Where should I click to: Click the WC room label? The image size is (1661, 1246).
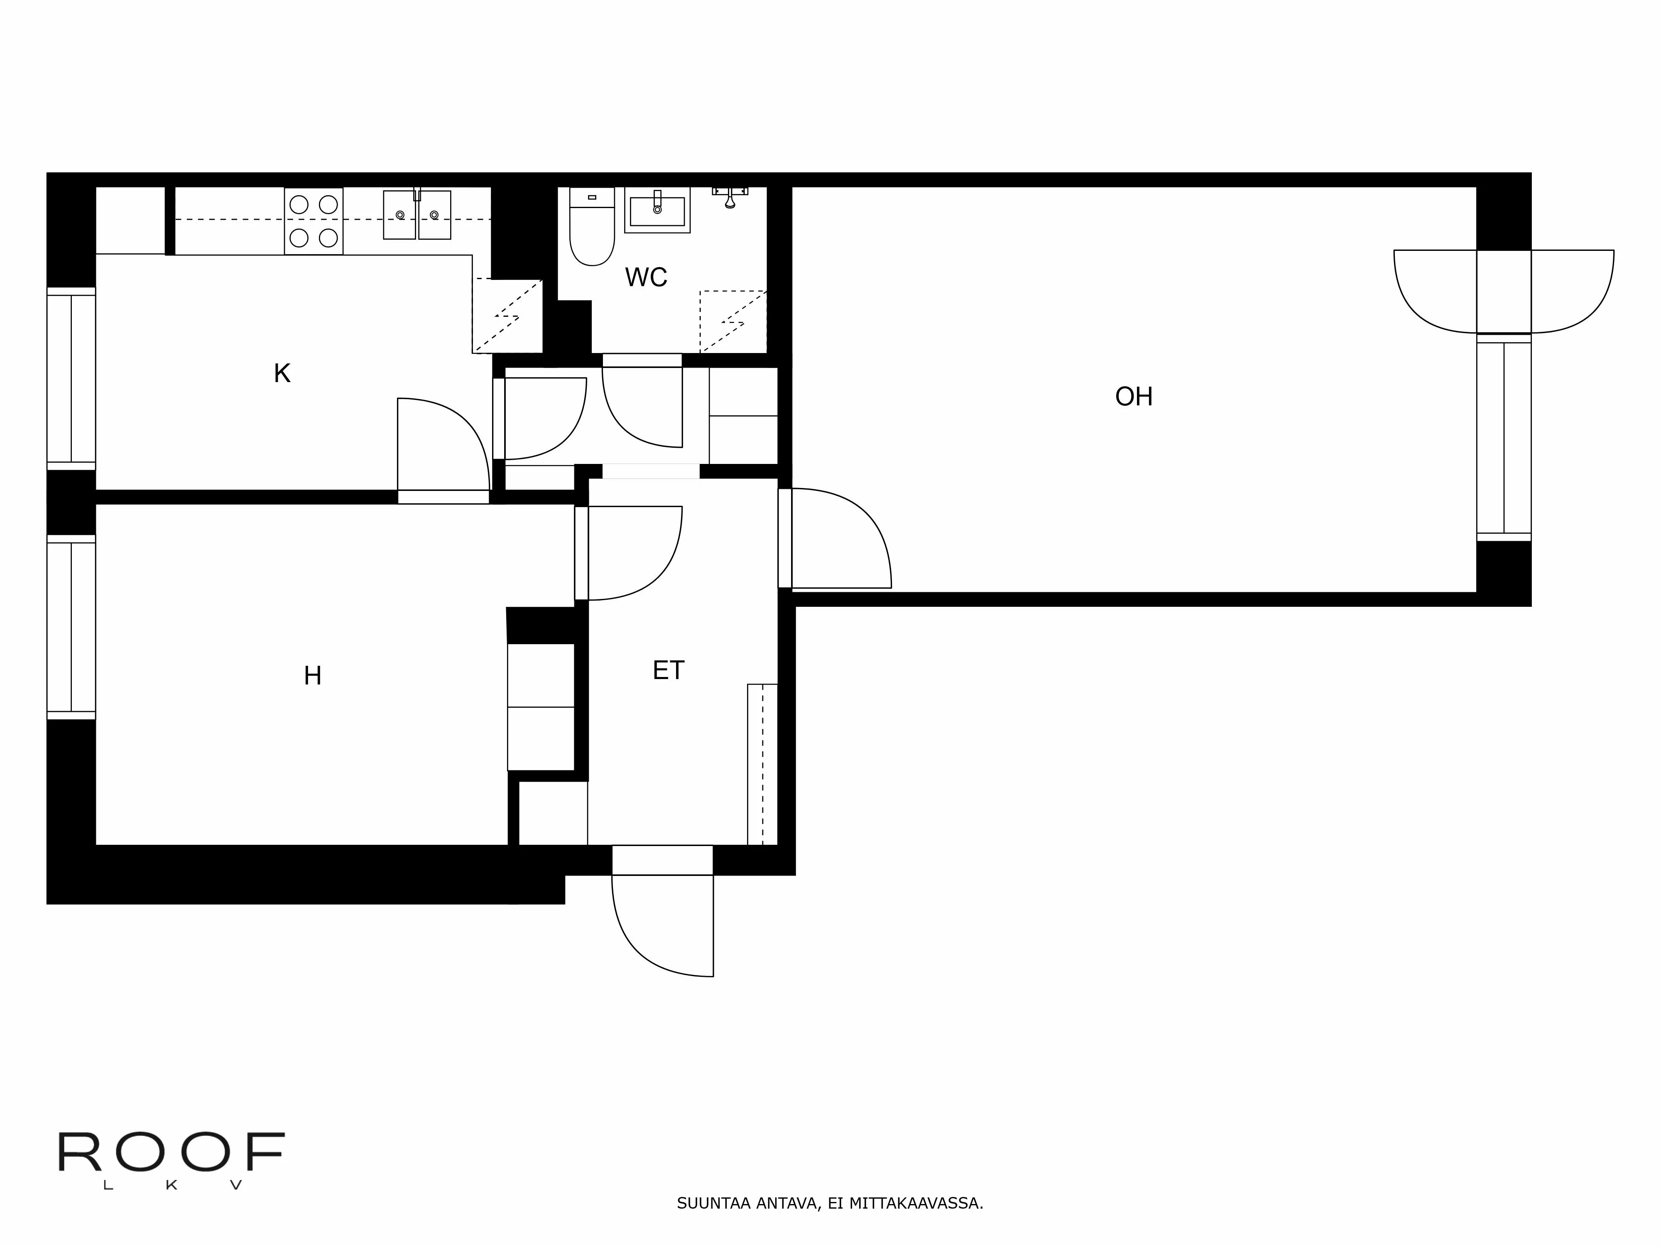[x=646, y=277]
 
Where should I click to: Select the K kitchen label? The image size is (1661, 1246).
[x=282, y=373]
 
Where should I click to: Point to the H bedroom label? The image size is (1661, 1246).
[x=312, y=676]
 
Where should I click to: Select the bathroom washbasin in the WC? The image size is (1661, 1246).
[x=657, y=210]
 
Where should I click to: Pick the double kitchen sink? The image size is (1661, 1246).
[x=417, y=215]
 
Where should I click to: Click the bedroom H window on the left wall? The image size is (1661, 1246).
[x=71, y=627]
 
